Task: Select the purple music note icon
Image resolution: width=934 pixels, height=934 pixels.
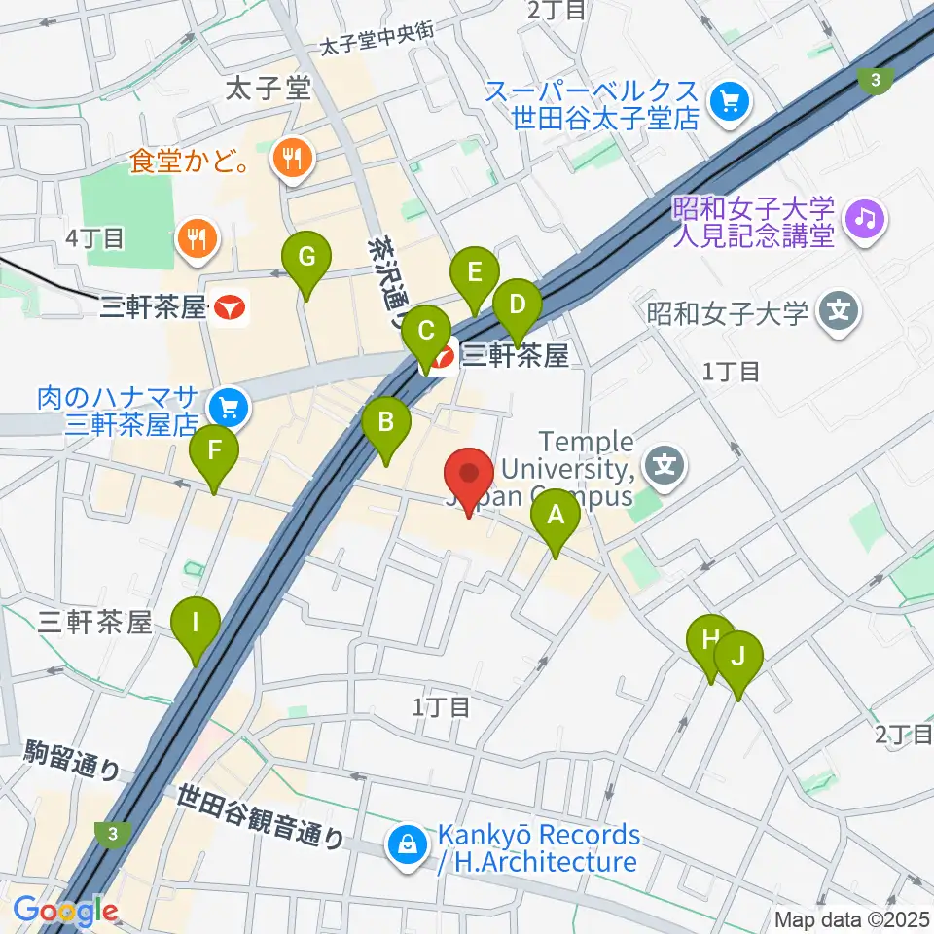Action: pyautogui.click(x=864, y=215)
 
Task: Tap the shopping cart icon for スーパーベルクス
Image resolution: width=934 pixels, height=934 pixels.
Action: pyautogui.click(x=727, y=101)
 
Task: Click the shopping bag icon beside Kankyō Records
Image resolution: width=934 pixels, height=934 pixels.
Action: pyautogui.click(x=405, y=846)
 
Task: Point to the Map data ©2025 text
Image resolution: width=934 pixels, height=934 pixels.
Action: pyautogui.click(x=852, y=919)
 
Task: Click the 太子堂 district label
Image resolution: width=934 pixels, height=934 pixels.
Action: pyautogui.click(x=267, y=90)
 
